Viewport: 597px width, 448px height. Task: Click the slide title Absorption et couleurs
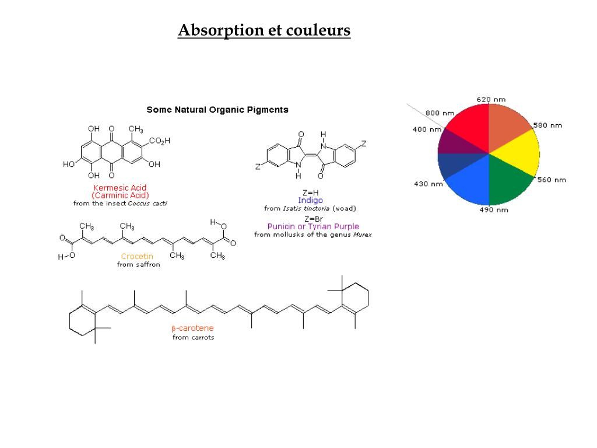(264, 30)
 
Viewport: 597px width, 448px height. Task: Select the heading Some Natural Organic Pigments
(217, 110)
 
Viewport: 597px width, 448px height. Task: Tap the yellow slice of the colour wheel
(515, 151)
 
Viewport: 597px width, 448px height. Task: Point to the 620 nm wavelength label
(491, 99)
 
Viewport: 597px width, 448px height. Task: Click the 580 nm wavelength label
(547, 125)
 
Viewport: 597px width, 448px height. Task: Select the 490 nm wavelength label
(494, 209)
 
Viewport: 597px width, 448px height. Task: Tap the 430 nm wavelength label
(429, 184)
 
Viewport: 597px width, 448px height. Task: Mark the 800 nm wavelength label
(440, 113)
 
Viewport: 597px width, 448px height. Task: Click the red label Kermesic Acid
(120, 188)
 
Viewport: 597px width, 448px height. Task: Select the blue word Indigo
(310, 200)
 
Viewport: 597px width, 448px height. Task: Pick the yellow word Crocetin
(137, 256)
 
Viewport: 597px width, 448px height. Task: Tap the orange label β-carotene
(192, 328)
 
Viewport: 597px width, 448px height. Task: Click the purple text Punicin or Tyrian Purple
(313, 226)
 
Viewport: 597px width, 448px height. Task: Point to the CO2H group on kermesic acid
(159, 141)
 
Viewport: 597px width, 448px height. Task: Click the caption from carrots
(193, 337)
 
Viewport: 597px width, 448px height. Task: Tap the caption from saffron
(138, 264)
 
